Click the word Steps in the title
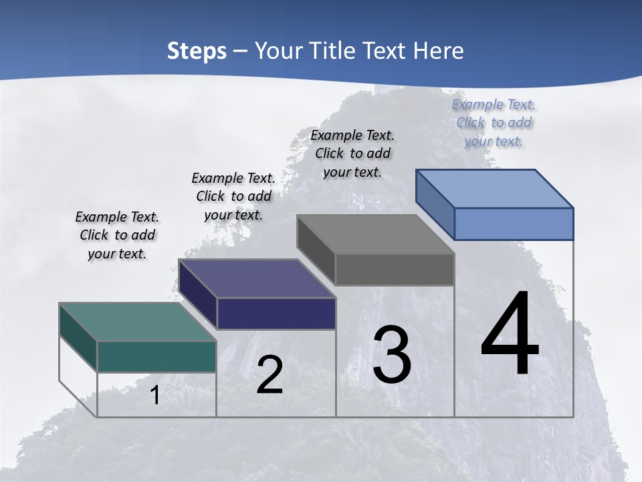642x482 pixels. (197, 51)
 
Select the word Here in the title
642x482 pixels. (437, 51)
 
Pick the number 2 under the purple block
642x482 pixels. (270, 375)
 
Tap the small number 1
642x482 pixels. (155, 395)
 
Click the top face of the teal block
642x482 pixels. (137, 321)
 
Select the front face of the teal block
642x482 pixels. (156, 356)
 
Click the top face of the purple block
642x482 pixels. (257, 278)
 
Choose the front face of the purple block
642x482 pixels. (276, 313)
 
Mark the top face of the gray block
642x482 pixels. (375, 234)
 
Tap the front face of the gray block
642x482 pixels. (395, 269)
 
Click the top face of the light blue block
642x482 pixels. (494, 188)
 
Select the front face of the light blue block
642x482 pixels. (514, 224)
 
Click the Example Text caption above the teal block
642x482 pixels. (117, 235)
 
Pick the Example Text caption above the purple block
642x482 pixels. (233, 196)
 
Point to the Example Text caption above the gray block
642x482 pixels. (352, 153)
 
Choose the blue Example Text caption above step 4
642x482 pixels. (494, 123)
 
